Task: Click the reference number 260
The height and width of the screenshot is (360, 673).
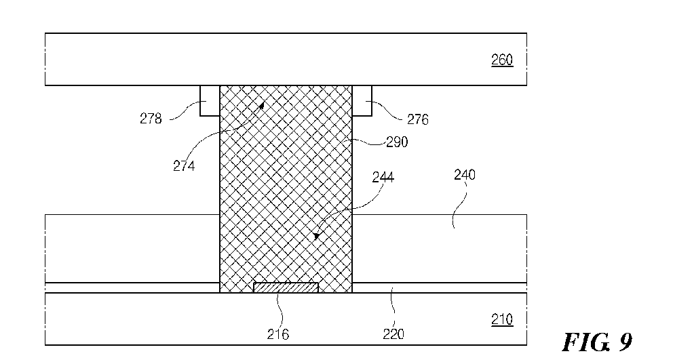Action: pyautogui.click(x=502, y=60)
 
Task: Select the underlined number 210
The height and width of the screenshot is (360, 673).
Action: pyautogui.click(x=502, y=320)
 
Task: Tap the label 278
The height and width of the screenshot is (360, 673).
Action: pyautogui.click(x=151, y=119)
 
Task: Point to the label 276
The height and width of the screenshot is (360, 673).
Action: pyautogui.click(x=418, y=119)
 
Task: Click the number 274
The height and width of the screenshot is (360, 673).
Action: pyautogui.click(x=184, y=165)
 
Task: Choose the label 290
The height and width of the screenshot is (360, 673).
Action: pyautogui.click(x=397, y=142)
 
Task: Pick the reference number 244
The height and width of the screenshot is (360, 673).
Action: pyautogui.click(x=383, y=177)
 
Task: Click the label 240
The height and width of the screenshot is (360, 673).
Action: pyautogui.click(x=465, y=175)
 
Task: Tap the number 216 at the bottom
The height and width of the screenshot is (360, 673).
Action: pyautogui.click(x=277, y=334)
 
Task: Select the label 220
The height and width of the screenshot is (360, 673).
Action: pyautogui.click(x=393, y=334)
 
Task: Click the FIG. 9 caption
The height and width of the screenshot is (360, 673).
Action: pyautogui.click(x=597, y=342)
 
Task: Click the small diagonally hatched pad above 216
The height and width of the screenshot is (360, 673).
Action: pyautogui.click(x=286, y=287)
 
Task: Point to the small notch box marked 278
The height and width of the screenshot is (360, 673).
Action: pyautogui.click(x=210, y=101)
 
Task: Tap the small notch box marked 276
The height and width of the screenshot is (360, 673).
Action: pyautogui.click(x=362, y=101)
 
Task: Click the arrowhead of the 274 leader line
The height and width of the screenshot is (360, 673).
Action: pyautogui.click(x=261, y=104)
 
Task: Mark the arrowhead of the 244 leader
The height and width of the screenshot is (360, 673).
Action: pyautogui.click(x=316, y=236)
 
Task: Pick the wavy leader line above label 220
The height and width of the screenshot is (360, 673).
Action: pyautogui.click(x=393, y=308)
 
